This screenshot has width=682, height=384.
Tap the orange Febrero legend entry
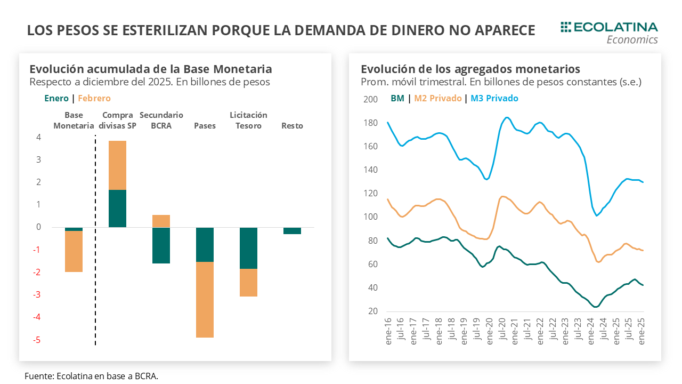click(94, 98)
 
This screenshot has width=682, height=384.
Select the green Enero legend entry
click(56, 98)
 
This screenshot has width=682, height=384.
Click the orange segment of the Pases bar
click(205, 299)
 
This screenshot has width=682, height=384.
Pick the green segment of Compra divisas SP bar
click(117, 209)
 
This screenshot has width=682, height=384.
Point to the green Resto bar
click(292, 230)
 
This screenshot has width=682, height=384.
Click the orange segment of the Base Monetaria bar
click(74, 251)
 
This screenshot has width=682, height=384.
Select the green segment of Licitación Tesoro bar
click(248, 248)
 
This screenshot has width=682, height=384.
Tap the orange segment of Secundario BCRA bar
click(161, 221)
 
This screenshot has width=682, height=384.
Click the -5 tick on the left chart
click(38, 340)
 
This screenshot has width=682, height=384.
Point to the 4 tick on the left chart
click(39, 137)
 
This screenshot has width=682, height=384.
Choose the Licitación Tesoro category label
click(248, 121)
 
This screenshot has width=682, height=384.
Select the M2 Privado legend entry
click(438, 98)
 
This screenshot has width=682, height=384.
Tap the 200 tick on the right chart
click(370, 99)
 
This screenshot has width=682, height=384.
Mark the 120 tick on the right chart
click(370, 194)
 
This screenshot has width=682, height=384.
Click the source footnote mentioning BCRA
click(91, 376)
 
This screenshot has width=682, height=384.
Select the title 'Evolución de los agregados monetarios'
click(470, 69)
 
